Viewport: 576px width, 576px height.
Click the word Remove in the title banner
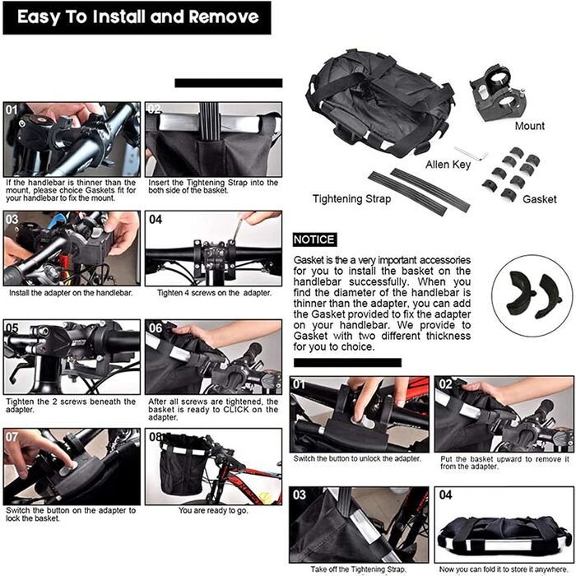tap(224, 17)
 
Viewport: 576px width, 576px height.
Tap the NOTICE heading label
tap(314, 239)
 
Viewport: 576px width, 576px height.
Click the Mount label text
tap(529, 126)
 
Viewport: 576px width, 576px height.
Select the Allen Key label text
tap(448, 165)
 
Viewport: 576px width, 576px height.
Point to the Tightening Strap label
tap(351, 199)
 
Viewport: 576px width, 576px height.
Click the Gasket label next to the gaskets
tap(539, 199)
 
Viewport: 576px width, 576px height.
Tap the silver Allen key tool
tap(471, 154)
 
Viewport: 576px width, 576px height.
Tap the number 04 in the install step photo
tap(156, 220)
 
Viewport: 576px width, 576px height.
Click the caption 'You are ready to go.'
tap(213, 510)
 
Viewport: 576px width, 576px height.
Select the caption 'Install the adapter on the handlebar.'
tap(71, 293)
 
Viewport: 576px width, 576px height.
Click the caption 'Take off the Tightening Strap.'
tap(358, 569)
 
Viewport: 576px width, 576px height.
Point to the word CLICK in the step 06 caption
tap(236, 409)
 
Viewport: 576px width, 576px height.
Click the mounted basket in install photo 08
tap(182, 464)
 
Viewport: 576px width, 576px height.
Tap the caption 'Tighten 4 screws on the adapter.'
tap(214, 293)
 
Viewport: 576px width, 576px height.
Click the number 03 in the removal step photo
tap(299, 495)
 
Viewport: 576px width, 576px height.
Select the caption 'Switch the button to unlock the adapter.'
tap(357, 458)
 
